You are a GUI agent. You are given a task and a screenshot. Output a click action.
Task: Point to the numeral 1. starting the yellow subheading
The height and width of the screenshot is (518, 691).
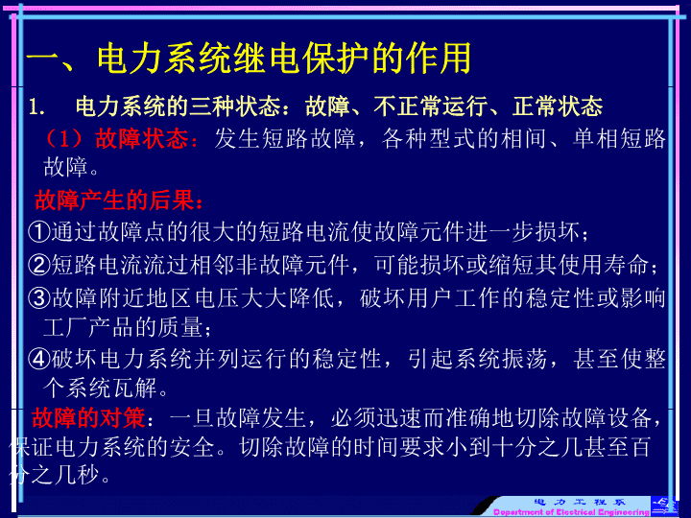[37, 107]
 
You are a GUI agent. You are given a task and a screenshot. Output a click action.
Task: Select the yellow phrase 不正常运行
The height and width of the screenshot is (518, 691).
[431, 106]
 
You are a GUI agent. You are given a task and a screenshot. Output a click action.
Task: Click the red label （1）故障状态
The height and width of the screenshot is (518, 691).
[119, 138]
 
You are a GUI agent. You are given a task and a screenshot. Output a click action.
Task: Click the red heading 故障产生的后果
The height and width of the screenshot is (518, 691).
[119, 200]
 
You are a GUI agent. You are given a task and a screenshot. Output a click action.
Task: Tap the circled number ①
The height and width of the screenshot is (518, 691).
[39, 232]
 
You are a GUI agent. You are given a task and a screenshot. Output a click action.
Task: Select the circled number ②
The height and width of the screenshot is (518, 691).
[39, 265]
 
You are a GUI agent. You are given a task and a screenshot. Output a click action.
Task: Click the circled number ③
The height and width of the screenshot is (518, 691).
[39, 298]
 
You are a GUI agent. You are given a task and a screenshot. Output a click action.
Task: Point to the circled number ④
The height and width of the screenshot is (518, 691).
[39, 359]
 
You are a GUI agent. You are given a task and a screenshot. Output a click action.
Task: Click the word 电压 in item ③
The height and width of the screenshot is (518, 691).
[217, 298]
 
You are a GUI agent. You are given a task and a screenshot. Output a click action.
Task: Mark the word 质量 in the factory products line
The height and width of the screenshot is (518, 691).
[180, 328]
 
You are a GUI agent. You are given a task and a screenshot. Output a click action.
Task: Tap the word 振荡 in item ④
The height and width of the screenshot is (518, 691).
[524, 359]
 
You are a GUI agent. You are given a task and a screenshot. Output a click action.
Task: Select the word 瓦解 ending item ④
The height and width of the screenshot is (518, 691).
[135, 388]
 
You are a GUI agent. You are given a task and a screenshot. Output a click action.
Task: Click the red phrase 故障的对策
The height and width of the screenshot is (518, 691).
[88, 418]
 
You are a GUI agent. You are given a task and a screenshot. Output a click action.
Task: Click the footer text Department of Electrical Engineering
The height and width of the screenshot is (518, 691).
[571, 512]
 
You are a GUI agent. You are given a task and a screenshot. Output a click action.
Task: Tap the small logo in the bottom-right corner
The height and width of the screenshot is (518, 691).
[664, 506]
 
